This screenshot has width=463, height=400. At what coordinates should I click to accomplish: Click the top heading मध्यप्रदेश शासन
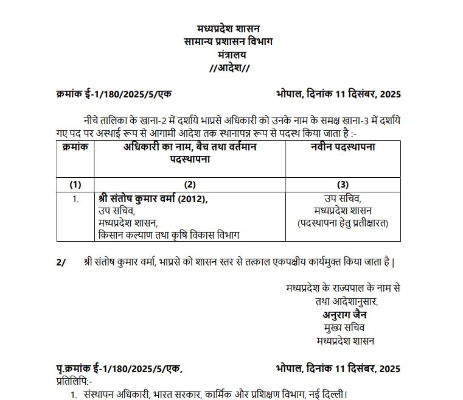pyautogui.click(x=228, y=29)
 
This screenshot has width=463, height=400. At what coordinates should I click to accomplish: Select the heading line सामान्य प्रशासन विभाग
pyautogui.click(x=228, y=41)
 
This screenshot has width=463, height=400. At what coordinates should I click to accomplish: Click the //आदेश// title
pyautogui.click(x=229, y=68)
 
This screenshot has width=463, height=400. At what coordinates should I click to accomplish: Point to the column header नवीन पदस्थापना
pyautogui.click(x=343, y=148)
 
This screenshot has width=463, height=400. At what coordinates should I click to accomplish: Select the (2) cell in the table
pyautogui.click(x=190, y=184)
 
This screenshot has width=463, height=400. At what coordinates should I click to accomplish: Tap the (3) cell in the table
pyautogui.click(x=343, y=184)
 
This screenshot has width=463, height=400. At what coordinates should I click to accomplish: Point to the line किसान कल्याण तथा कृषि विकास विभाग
pyautogui.click(x=169, y=235)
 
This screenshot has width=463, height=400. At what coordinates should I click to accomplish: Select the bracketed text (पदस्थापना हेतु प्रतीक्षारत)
pyautogui.click(x=343, y=223)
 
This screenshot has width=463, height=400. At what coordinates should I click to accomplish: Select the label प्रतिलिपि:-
pyautogui.click(x=74, y=381)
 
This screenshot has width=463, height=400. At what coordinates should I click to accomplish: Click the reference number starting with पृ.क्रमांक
pyautogui.click(x=119, y=368)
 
